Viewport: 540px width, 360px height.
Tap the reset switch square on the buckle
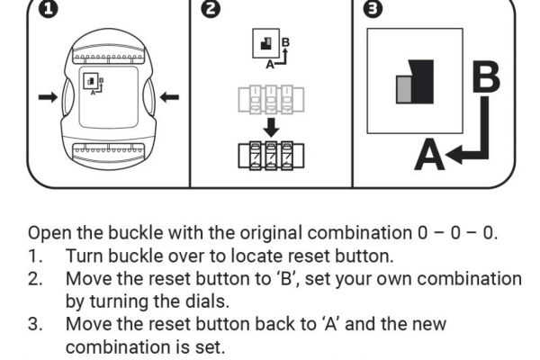pos(89,84)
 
